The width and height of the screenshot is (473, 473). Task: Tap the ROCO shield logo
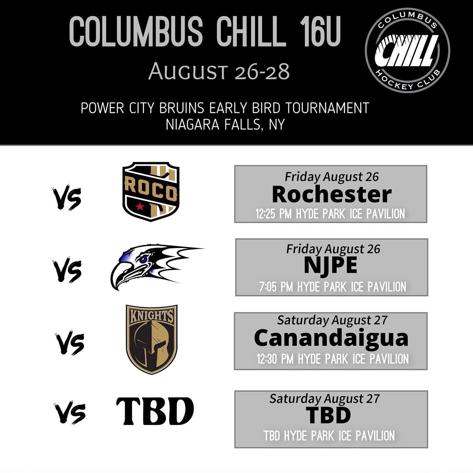pos(151,192)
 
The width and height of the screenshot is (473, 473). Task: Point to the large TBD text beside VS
pos(155,412)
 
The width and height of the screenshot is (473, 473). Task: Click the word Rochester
pos(331,194)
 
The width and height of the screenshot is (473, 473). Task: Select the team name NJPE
pos(331,265)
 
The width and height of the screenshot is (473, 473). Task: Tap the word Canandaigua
pos(331,338)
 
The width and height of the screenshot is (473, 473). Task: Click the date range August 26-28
pos(219,72)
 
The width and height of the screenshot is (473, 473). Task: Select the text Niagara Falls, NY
pos(225,125)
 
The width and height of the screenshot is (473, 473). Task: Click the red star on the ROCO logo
pos(139,207)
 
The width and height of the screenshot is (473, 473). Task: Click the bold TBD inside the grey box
pos(328,415)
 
